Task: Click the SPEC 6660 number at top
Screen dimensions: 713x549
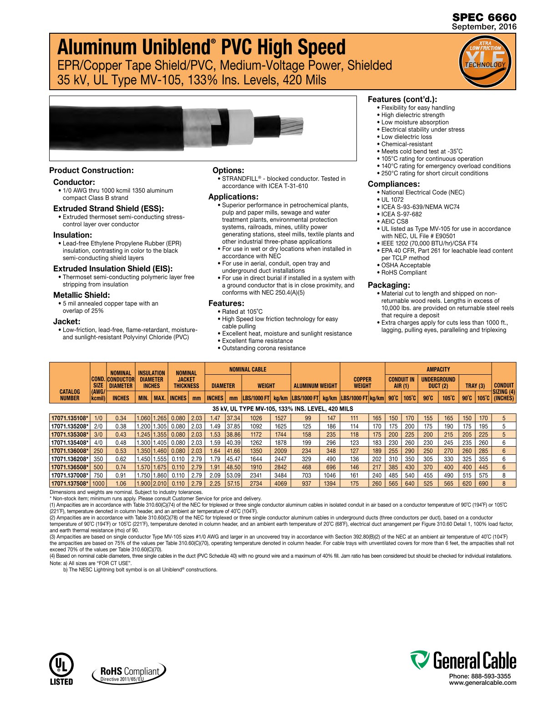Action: (484, 17)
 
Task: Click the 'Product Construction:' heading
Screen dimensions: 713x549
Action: (91, 170)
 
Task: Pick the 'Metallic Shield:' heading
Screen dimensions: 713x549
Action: (81, 295)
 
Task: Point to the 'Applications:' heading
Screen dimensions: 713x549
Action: (233, 197)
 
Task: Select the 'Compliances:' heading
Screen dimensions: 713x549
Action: (394, 184)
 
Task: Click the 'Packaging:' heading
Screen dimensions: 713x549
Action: (389, 285)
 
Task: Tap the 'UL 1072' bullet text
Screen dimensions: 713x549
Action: (392, 199)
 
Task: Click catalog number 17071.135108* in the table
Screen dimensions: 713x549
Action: (70, 418)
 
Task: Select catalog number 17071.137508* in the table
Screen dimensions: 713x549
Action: (70, 484)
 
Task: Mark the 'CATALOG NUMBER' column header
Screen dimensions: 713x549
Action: (70, 395)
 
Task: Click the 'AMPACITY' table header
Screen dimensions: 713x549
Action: (438, 369)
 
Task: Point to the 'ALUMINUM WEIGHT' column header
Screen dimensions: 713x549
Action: (315, 386)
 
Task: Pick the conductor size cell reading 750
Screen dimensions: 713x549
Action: (98, 475)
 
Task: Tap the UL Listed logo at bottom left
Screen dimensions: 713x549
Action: (61, 669)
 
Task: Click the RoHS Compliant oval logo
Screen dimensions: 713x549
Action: (129, 672)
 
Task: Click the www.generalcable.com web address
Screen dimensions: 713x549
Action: (483, 682)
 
